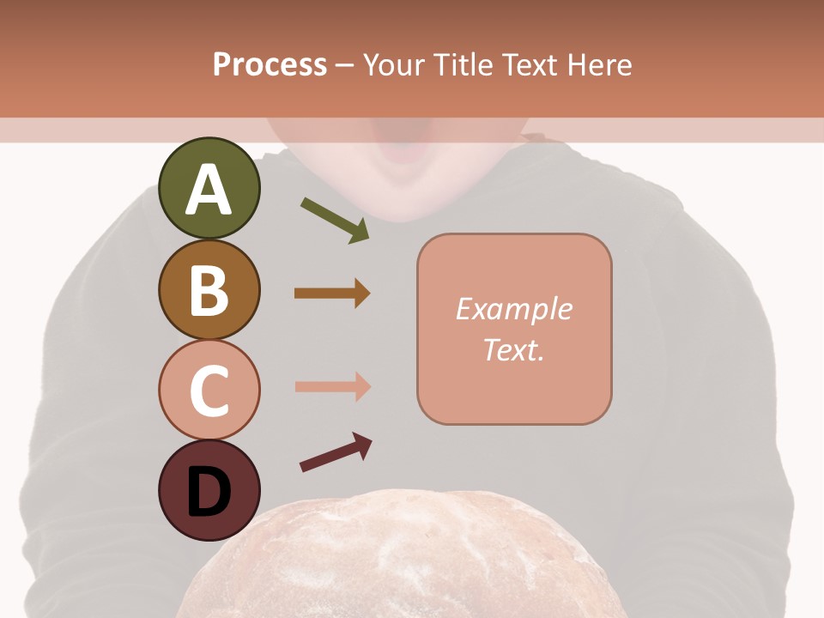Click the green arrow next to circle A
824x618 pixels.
click(x=335, y=220)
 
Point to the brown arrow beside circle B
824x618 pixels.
click(x=332, y=294)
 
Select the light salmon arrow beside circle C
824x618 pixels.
click(x=332, y=386)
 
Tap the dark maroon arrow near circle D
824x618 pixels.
click(x=336, y=452)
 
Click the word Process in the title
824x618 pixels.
click(x=270, y=64)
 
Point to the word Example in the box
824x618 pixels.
click(x=513, y=309)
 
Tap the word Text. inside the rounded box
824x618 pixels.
click(x=513, y=349)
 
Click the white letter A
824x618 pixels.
click(x=209, y=191)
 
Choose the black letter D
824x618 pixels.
click(x=209, y=492)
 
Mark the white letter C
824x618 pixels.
click(x=209, y=391)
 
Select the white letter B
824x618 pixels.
click(x=209, y=290)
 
